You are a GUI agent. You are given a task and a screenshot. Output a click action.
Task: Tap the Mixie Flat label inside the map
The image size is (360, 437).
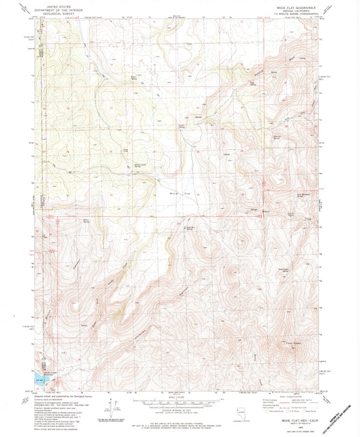click(x=178, y=193)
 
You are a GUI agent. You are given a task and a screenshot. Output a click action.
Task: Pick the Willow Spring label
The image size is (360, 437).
click(x=86, y=221)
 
